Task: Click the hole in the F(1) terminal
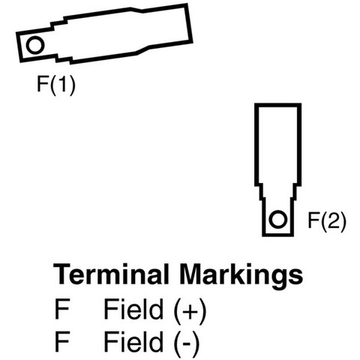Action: (35, 45)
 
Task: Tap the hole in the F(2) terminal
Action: (277, 220)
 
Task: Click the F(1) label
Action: (56, 85)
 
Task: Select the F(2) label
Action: (327, 220)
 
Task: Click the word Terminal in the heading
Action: (111, 274)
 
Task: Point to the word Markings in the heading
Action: (241, 277)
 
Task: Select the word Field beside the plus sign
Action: (133, 309)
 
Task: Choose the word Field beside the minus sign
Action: (133, 341)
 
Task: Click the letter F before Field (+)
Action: (61, 310)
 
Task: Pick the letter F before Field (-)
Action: (61, 341)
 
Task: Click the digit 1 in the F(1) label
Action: (63, 84)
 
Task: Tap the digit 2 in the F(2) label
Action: (334, 220)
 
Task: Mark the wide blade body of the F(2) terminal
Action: (277, 145)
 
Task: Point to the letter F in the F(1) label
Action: (43, 84)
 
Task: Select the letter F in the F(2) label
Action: (314, 220)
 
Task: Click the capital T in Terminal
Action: (63, 274)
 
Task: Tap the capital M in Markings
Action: (192, 274)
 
